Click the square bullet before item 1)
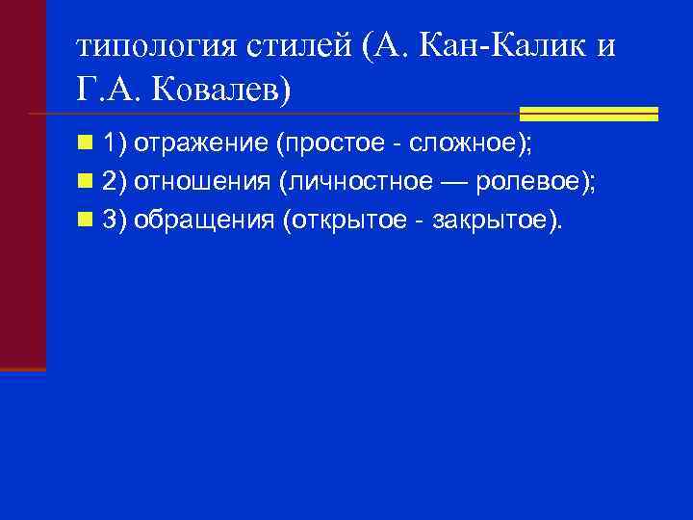pyautogui.click(x=86, y=144)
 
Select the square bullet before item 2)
pyautogui.click(x=86, y=183)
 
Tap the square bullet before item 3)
pyautogui.click(x=86, y=221)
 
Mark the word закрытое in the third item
pyautogui.click(x=489, y=221)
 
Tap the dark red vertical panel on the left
pyautogui.click(x=22, y=183)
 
